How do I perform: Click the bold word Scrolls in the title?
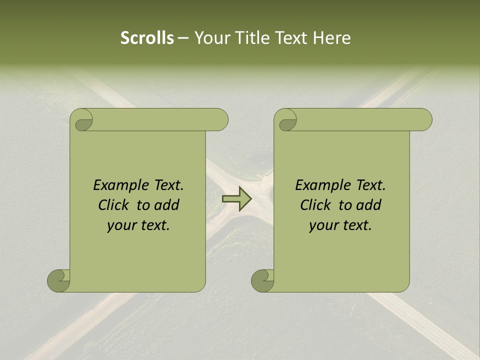[147, 38]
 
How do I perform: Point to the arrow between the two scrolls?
[236, 198]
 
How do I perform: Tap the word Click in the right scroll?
[316, 205]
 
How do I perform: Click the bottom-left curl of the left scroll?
[59, 280]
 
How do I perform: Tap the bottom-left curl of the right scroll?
[262, 280]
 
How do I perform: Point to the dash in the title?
[183, 38]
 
